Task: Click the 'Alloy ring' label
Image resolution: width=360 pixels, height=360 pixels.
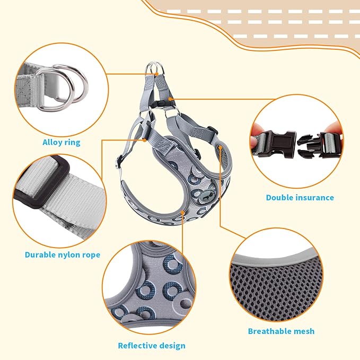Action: coord(62,142)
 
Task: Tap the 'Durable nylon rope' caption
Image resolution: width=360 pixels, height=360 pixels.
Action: coord(63,254)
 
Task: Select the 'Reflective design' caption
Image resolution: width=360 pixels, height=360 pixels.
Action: coord(152,346)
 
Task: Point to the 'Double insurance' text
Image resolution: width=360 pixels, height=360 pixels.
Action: coord(300,197)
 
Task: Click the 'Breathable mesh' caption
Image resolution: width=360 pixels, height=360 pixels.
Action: coord(281,331)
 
